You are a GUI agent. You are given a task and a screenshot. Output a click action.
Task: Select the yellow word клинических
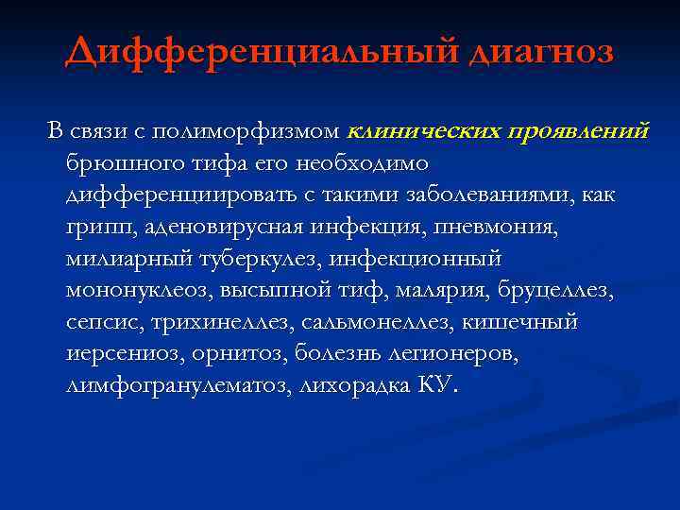click(425, 129)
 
